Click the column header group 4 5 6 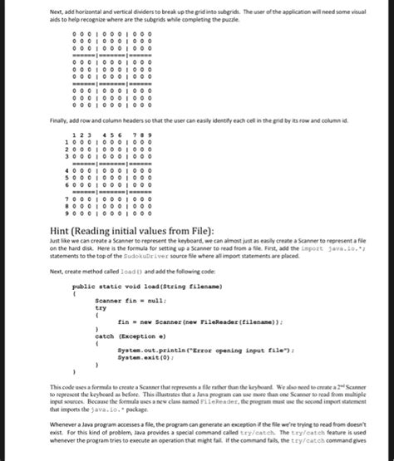point(111,135)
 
